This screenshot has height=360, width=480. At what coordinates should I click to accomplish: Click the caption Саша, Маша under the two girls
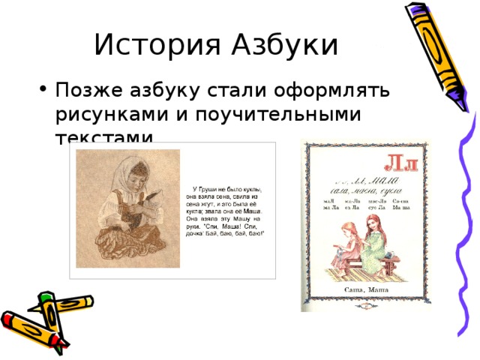pos(360,289)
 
